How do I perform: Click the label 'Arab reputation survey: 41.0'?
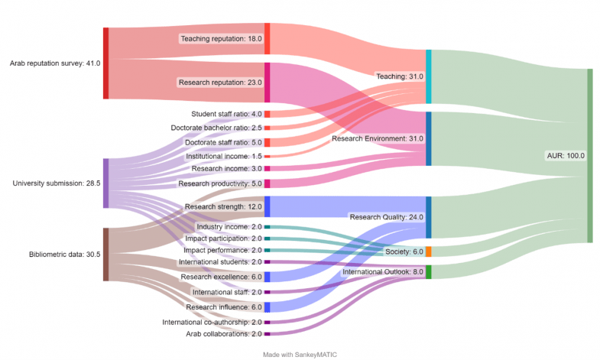pos(54,63)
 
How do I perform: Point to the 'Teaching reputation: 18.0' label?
pos(221,38)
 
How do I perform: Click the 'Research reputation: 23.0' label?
pos(220,82)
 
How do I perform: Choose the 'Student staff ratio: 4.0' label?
pos(225,114)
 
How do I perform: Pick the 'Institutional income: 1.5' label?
pos(224,156)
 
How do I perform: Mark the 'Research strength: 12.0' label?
pos(224,206)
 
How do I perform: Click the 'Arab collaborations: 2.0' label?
pos(224,334)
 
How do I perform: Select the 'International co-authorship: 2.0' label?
pos(212,322)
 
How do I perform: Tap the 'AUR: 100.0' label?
pos(566,155)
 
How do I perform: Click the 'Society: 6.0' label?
pos(404,251)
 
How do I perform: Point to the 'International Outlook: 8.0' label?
pos(382,272)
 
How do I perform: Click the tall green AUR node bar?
pos(589,155)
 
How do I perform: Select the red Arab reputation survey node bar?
pos(105,63)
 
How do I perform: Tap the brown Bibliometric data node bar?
pos(105,254)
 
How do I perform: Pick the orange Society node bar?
pos(428,251)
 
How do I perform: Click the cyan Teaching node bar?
pos(428,76)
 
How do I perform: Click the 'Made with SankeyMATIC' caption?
pos(300,355)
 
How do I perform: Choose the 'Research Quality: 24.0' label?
pos(386,217)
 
